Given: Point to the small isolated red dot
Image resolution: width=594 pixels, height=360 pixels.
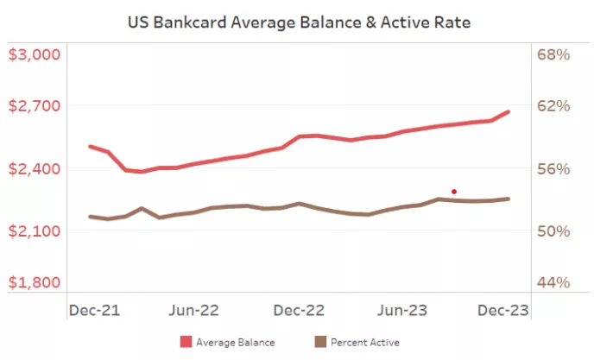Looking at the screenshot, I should pos(454,192).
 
